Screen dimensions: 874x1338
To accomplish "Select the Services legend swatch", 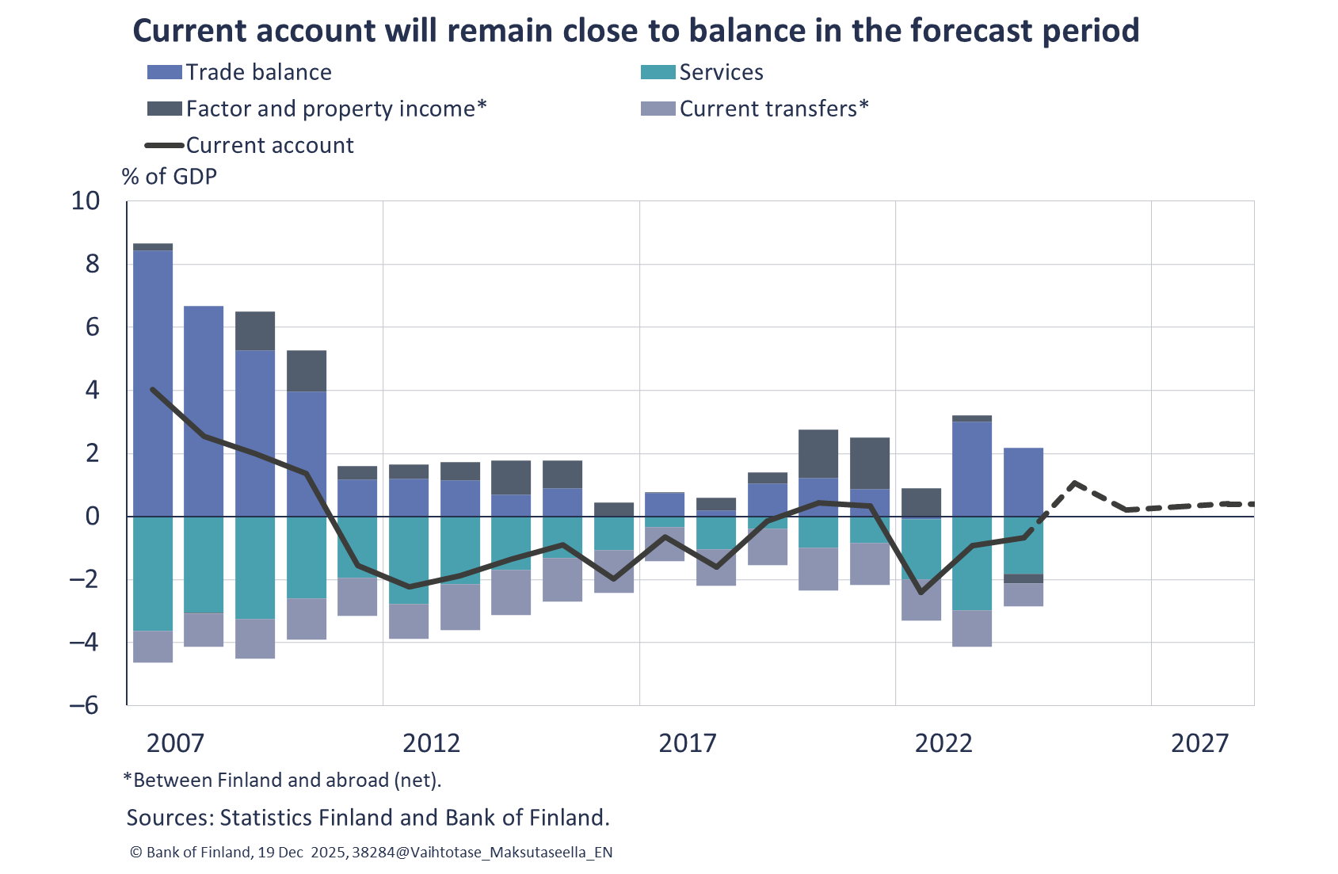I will pos(658,72).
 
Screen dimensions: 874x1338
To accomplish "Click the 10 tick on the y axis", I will pos(86,201).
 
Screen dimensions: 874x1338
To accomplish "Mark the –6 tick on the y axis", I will pos(84,705).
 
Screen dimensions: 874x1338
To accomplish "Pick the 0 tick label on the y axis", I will pos(93,517).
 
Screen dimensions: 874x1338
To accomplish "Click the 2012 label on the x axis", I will pos(431,743).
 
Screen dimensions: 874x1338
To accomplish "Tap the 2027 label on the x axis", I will pos(1199,743).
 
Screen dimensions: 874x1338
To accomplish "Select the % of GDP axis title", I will pos(170,176).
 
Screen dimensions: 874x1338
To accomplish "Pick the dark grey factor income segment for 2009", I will pos(256,331).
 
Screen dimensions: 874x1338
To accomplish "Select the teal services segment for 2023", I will pos(972,563).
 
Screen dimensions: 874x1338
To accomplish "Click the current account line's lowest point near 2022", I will pos(921,592).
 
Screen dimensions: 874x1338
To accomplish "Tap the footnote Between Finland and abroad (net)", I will pos(282,780).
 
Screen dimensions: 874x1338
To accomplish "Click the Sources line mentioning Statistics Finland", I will pos(368,818).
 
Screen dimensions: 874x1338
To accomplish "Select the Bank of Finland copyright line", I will pos(371,853).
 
